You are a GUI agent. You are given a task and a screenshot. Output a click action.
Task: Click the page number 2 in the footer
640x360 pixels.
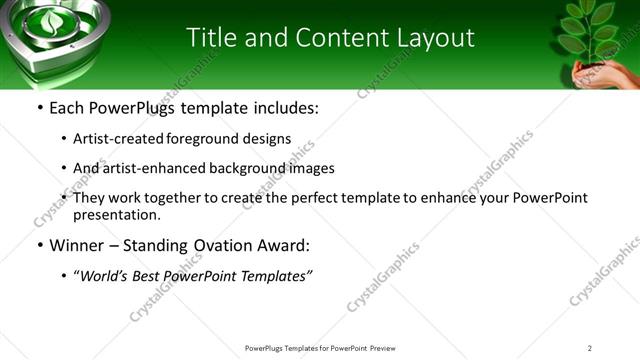tap(589, 348)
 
